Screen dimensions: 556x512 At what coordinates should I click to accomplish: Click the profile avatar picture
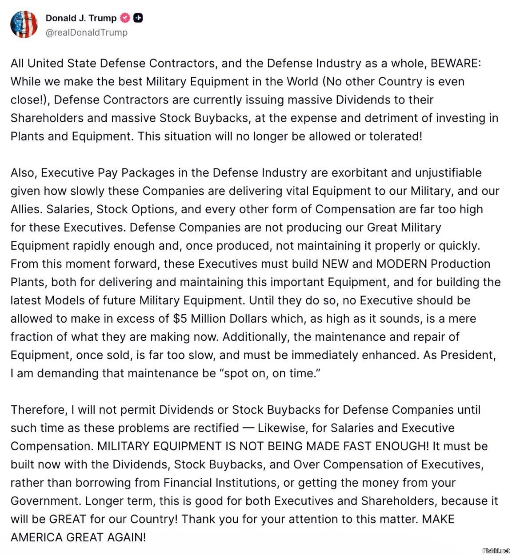click(24, 24)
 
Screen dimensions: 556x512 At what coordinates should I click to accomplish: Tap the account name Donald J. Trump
click(81, 18)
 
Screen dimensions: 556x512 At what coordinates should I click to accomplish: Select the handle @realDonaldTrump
click(87, 32)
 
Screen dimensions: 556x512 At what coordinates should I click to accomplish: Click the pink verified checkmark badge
click(125, 18)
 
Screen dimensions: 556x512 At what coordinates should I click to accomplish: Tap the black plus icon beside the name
click(138, 18)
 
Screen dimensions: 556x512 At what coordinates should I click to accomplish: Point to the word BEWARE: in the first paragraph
click(456, 63)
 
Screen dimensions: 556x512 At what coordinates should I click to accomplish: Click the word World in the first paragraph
click(302, 81)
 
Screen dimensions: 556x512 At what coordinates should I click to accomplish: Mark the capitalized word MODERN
click(401, 264)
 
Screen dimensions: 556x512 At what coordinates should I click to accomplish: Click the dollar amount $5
click(180, 318)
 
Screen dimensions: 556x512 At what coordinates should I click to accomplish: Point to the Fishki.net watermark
click(496, 550)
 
